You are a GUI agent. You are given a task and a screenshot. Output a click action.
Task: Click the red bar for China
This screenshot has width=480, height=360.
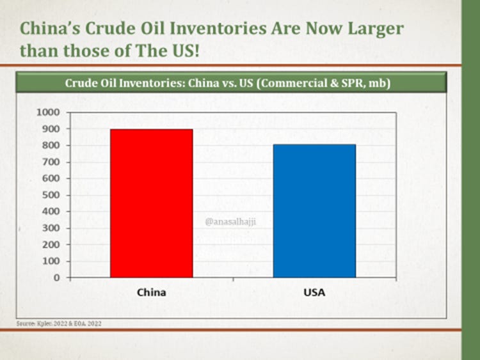tap(151, 203)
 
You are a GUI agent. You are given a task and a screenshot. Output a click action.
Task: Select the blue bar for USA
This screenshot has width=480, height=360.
tap(314, 211)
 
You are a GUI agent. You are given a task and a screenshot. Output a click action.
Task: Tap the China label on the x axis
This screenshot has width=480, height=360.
tap(151, 292)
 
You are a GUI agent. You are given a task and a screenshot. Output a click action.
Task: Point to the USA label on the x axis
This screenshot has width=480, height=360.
tap(314, 292)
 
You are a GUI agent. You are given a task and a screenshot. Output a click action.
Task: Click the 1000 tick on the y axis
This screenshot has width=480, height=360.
tap(49, 113)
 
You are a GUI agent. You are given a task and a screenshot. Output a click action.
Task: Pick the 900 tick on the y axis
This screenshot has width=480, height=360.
tap(51, 129)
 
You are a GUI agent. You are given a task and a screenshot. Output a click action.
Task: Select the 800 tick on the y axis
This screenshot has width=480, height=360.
tap(51, 146)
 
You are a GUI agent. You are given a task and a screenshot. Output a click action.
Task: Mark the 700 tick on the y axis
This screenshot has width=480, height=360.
tap(51, 162)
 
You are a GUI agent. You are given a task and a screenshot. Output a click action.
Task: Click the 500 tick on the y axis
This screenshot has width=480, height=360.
tap(51, 195)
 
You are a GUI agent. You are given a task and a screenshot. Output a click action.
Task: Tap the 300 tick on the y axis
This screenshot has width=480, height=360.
tap(51, 228)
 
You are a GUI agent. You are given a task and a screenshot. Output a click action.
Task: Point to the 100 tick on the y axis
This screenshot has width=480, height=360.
tap(51, 262)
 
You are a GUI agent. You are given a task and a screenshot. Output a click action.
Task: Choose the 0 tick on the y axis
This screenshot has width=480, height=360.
tap(57, 278)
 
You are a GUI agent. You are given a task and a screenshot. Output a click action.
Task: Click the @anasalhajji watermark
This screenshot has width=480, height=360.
tap(227, 222)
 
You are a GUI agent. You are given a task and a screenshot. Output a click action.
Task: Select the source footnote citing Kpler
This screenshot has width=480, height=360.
tap(59, 324)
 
